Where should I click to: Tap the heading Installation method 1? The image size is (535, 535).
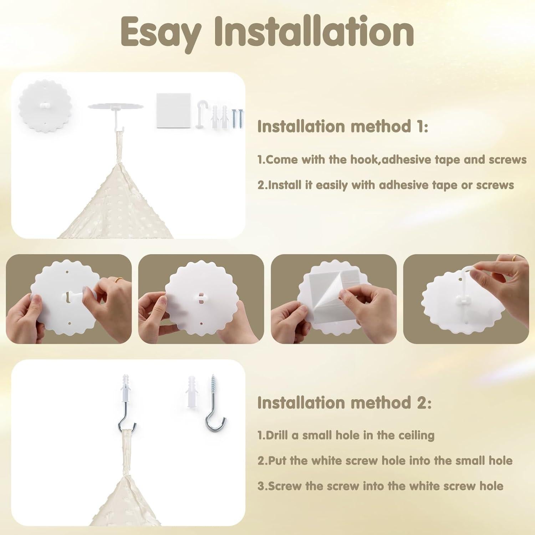pyautogui.click(x=342, y=127)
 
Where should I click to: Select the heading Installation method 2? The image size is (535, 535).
pyautogui.click(x=344, y=403)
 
